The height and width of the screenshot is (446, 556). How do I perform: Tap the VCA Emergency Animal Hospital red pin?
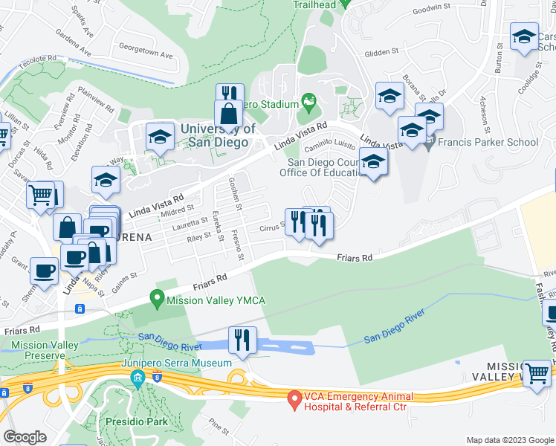click(294, 401)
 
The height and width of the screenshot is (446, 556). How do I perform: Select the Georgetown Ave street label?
click(146, 55)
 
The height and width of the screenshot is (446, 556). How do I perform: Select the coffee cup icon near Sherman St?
click(44, 271)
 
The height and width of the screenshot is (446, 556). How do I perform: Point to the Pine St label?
click(219, 425)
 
